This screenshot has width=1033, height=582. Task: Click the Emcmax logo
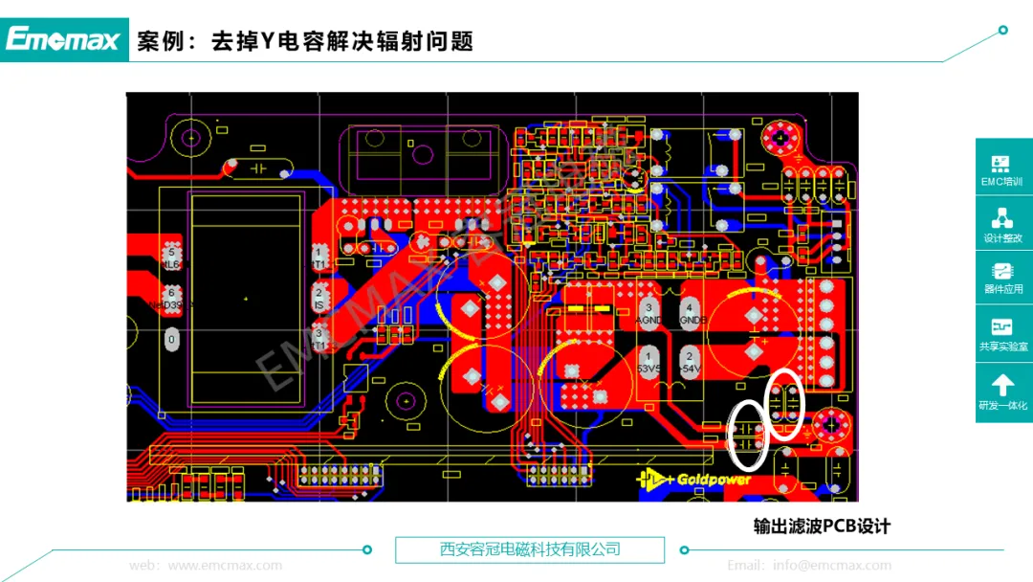pyautogui.click(x=63, y=39)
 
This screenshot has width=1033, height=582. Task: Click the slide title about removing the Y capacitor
pyautogui.click(x=306, y=41)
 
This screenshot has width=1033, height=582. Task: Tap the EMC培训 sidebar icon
pyautogui.click(x=1002, y=170)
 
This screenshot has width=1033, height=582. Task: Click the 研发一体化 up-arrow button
pyautogui.click(x=1002, y=392)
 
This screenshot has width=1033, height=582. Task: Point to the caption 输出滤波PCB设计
pyautogui.click(x=822, y=526)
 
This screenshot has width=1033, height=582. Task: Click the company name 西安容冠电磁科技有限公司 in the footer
pyautogui.click(x=530, y=549)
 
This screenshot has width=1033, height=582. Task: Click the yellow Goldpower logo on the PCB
pyautogui.click(x=695, y=479)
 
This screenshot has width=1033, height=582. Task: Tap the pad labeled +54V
pyautogui.click(x=689, y=362)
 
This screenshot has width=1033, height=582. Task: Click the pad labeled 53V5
pyautogui.click(x=648, y=362)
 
